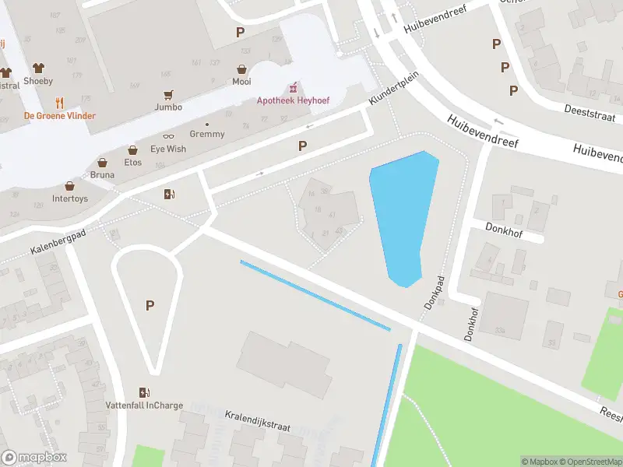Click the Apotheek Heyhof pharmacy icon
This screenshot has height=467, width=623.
(x=294, y=88)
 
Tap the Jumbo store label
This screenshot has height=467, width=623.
(x=168, y=107)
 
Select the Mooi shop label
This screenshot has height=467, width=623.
(x=241, y=81)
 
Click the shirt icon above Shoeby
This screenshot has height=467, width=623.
(x=38, y=68)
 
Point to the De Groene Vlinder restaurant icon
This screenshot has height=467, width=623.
(x=59, y=103)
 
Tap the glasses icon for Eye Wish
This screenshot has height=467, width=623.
(x=168, y=136)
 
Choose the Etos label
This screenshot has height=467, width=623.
(x=132, y=162)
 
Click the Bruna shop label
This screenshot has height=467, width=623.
(x=102, y=174)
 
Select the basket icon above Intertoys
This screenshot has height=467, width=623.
(x=70, y=187)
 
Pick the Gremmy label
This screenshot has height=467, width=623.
(x=207, y=134)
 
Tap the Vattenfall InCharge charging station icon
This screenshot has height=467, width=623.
(x=143, y=392)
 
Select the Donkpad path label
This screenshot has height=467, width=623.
(x=434, y=292)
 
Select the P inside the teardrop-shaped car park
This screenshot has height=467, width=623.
(x=150, y=306)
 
